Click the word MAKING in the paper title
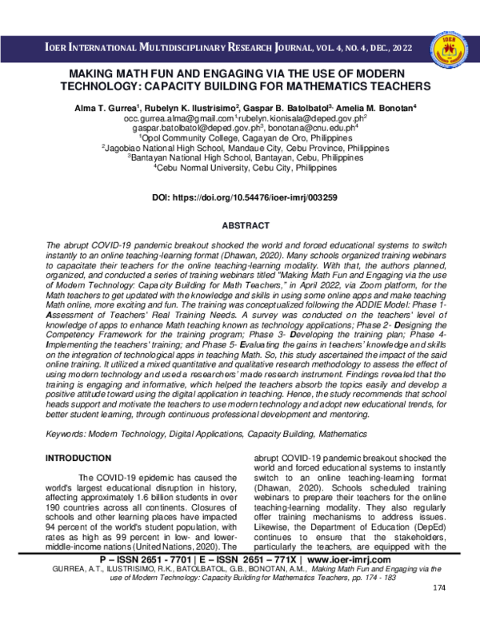pos(89,71)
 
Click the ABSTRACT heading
pos(239,226)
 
